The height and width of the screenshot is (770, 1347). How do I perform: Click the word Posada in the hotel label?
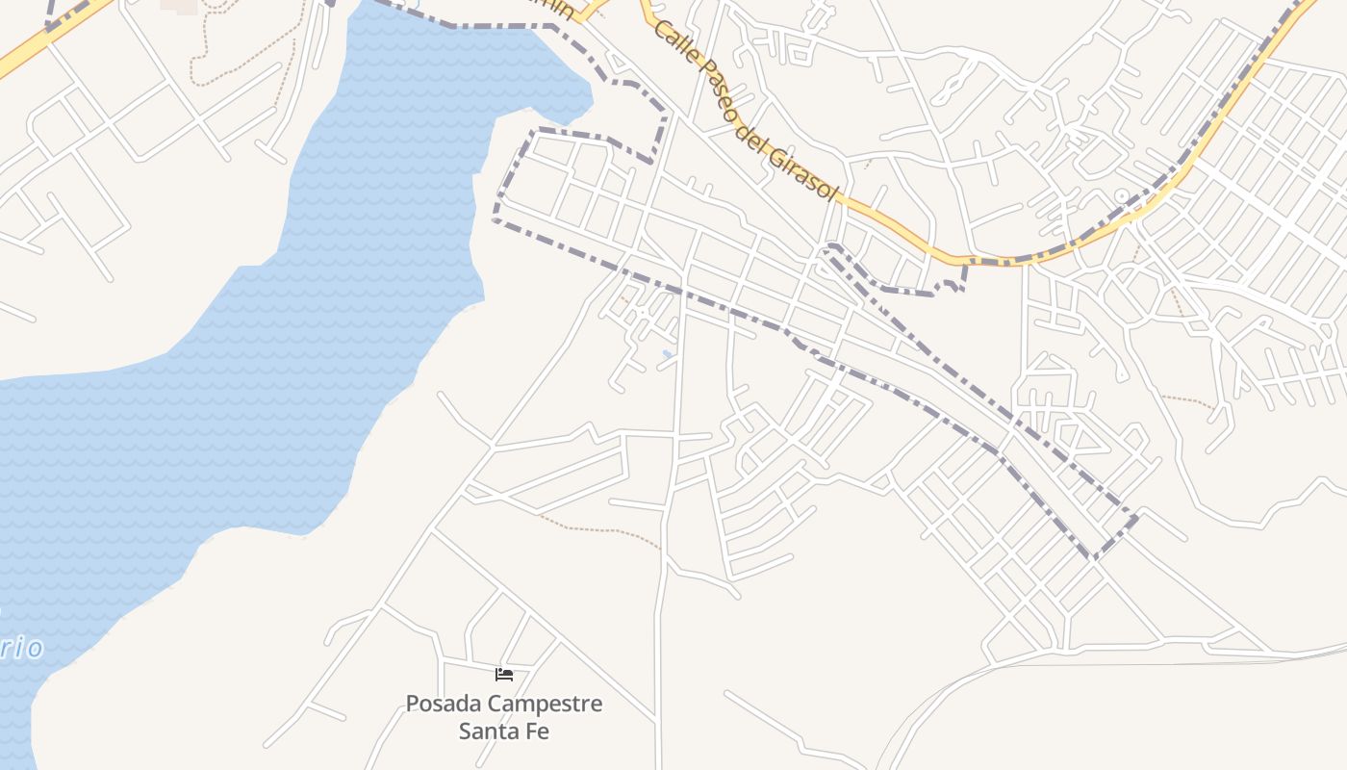441,704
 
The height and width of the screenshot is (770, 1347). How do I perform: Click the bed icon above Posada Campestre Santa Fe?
504,674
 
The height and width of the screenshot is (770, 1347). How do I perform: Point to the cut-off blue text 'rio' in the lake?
21,648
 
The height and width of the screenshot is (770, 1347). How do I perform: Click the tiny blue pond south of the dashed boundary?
667,354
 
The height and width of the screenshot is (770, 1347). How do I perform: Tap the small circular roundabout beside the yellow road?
1121,196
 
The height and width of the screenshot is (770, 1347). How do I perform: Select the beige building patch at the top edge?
180,5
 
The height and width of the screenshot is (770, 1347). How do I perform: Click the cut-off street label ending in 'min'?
558,10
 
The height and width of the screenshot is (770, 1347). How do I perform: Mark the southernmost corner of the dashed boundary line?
1093,557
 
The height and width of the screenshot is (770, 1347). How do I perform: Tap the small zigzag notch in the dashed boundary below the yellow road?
953,284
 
